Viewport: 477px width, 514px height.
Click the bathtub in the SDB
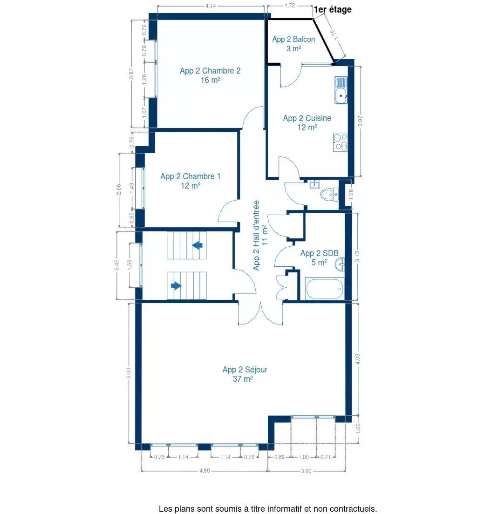pos(325,289)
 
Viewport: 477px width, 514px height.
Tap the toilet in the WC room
pos(329,195)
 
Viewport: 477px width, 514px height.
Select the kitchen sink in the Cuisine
pos(341,90)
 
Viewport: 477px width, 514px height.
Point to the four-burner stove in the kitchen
pos(341,142)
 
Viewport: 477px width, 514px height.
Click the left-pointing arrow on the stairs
pos(197,245)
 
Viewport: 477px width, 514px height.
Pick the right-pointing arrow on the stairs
pos(176,285)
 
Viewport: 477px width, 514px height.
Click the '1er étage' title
pos(333,10)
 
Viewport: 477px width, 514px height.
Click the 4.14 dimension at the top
pos(211,6)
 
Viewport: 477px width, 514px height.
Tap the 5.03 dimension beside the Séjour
pos(129,373)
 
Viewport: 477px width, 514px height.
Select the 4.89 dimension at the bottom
pos(204,471)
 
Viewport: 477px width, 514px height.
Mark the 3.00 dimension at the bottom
pos(306,471)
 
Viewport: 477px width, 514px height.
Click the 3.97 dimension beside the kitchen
pos(361,122)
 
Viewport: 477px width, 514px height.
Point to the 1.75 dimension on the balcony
pos(333,35)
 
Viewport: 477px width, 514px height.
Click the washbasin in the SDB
pos(340,264)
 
